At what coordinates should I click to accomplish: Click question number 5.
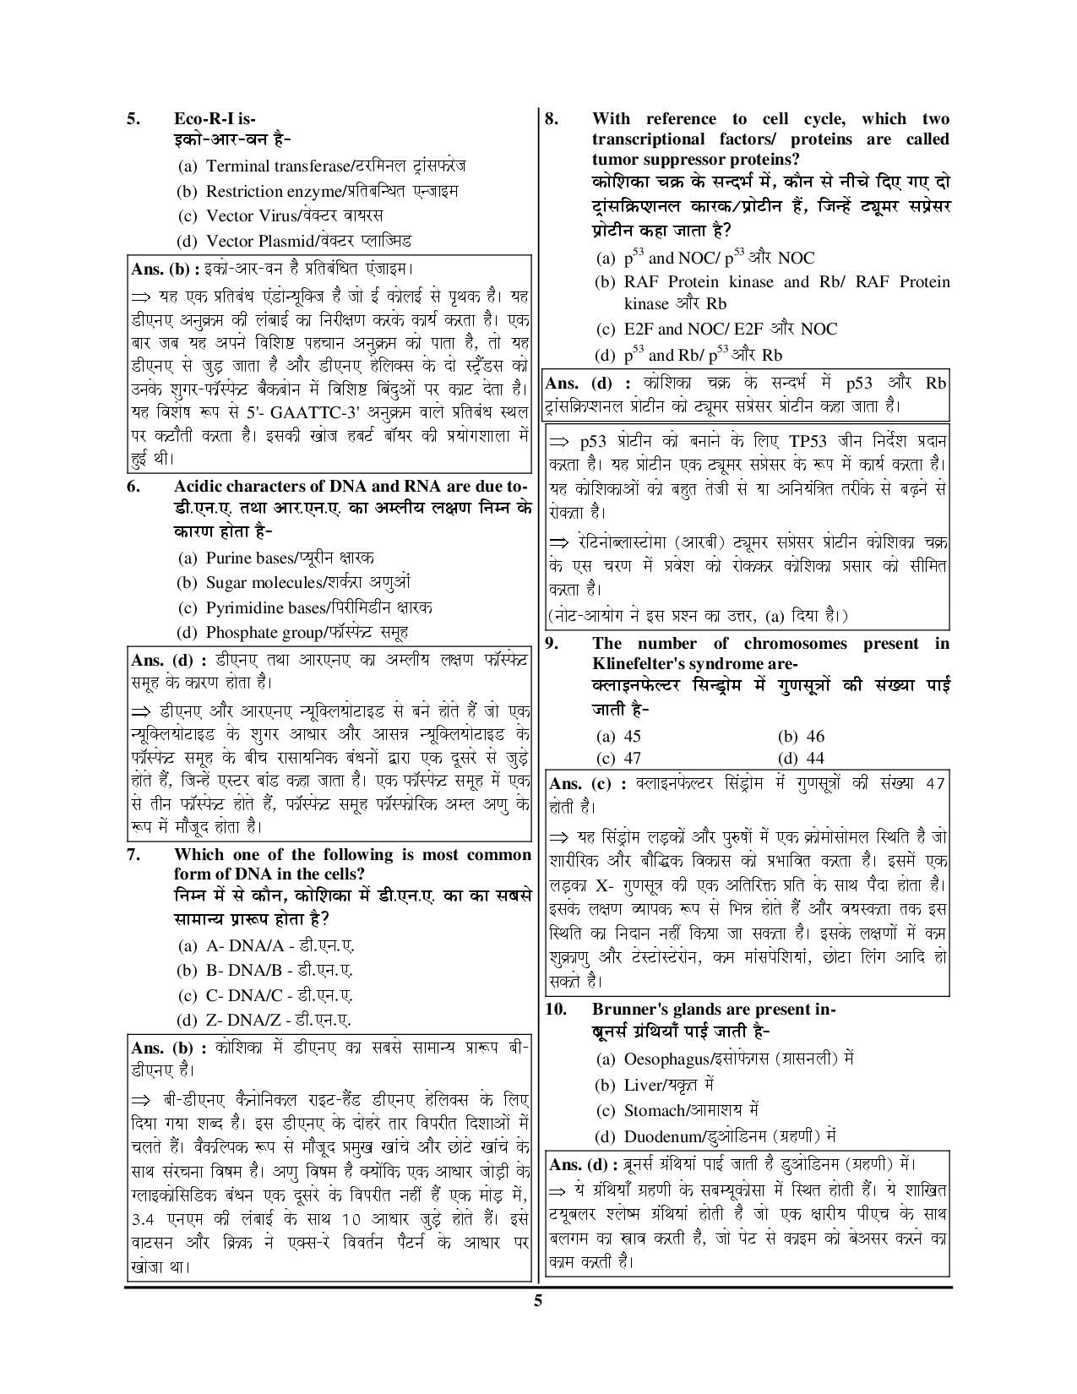pos(133,118)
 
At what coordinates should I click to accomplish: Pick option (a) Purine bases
pos(275,558)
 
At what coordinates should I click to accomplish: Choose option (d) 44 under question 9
pos(800,758)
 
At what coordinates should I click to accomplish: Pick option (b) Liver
pos(655,1084)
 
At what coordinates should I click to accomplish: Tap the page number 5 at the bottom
pos(537,1300)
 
